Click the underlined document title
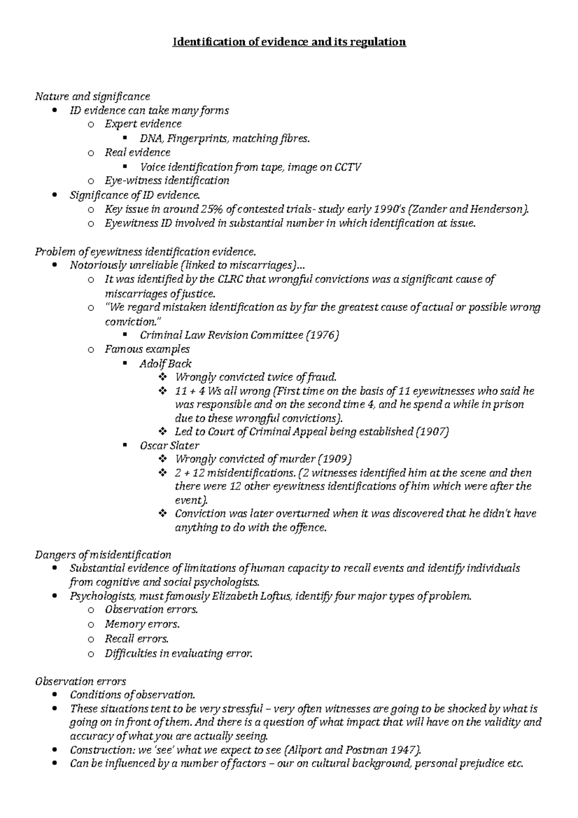289,42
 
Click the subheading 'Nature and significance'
92,96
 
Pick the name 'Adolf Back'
165,363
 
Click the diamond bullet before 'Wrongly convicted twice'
162,377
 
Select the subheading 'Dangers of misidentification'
103,554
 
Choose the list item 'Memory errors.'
142,624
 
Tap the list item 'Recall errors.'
137,639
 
